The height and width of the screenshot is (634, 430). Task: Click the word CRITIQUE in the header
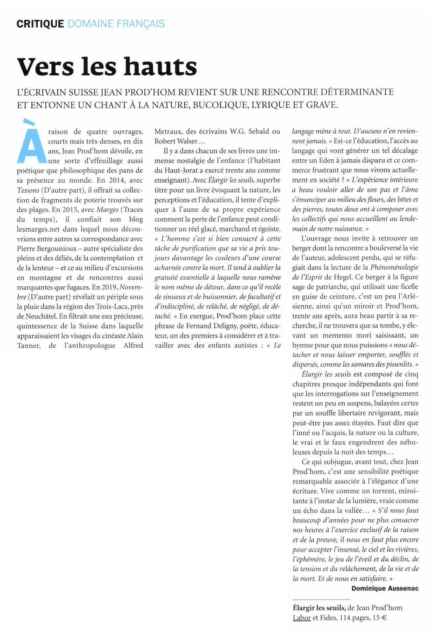(x=40, y=24)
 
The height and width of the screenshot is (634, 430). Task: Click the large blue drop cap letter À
(x=30, y=142)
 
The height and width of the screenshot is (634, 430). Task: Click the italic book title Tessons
(x=28, y=190)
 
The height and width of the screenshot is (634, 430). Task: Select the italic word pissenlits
(x=400, y=364)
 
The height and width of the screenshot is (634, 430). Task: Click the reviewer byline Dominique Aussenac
(x=385, y=588)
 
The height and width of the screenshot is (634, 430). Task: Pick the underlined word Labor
(x=302, y=618)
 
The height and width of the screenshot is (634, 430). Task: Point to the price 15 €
(x=379, y=618)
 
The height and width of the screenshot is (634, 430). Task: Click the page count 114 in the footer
(x=345, y=618)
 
